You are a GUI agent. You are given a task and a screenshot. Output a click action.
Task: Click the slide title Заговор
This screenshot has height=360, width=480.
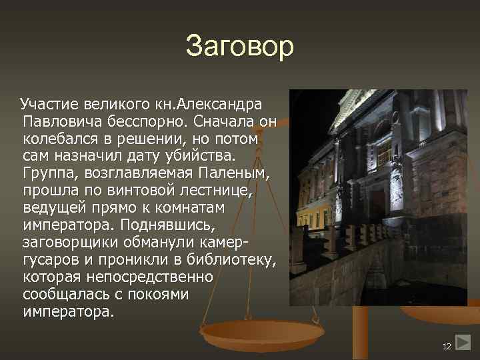(x=239, y=46)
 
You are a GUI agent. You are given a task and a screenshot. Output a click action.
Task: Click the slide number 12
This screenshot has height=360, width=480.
(x=447, y=346)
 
